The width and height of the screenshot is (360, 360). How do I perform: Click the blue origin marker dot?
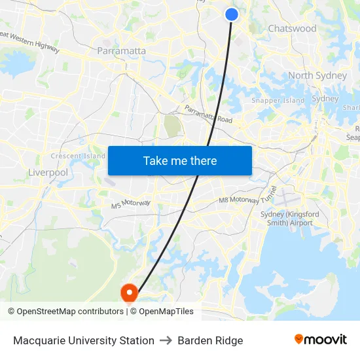pyautogui.click(x=232, y=14)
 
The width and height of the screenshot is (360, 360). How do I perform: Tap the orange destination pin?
pyautogui.click(x=129, y=291)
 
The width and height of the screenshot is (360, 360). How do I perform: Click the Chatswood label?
pyautogui.click(x=292, y=29)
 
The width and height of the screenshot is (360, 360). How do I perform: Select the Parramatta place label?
pyautogui.click(x=121, y=50)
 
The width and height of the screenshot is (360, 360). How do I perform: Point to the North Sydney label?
pyautogui.click(x=317, y=75)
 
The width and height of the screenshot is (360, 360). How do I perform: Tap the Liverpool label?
pyautogui.click(x=48, y=173)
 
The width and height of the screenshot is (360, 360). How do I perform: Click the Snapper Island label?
pyautogui.click(x=278, y=101)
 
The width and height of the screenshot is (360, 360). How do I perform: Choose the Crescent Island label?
pyautogui.click(x=78, y=156)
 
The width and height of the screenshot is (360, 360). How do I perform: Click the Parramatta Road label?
pyautogui.click(x=208, y=114)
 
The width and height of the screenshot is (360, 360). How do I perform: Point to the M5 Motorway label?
pyautogui.click(x=131, y=204)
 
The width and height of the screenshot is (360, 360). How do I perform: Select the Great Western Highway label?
pyautogui.click(x=30, y=43)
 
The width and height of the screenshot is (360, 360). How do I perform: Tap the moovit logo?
pyautogui.click(x=320, y=339)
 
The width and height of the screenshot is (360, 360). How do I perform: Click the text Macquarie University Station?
pyautogui.click(x=84, y=340)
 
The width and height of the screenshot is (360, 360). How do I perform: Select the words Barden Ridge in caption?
pyautogui.click(x=210, y=340)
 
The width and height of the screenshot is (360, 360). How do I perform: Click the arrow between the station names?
pyautogui.click(x=166, y=340)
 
